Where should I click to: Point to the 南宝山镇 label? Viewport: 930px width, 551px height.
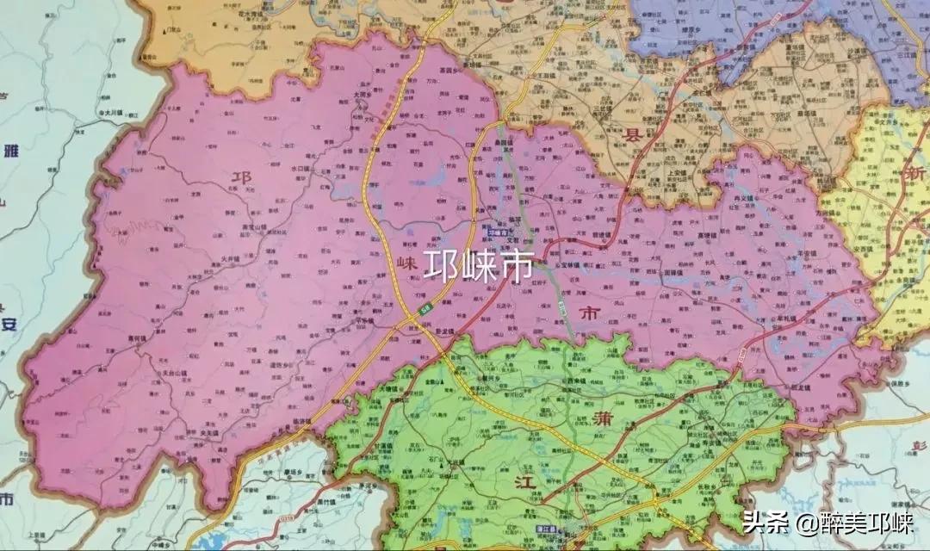[234, 226]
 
